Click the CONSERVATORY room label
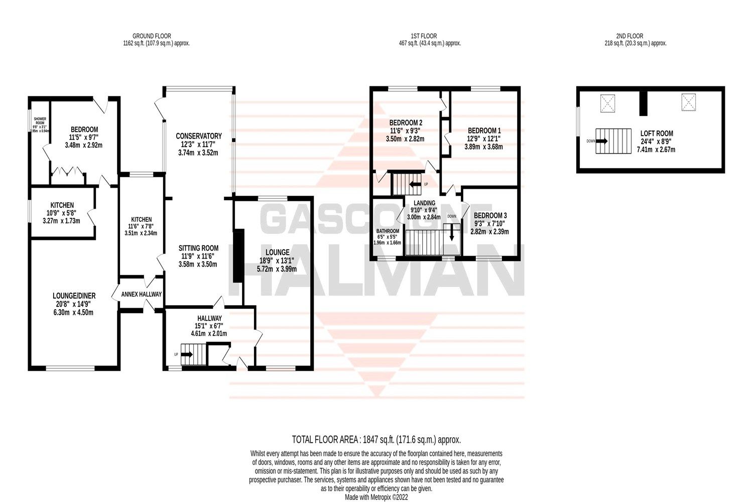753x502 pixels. tap(198, 136)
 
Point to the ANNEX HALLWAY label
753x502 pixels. tap(142, 294)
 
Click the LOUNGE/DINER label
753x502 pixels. tap(74, 296)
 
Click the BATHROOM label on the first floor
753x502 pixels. tap(388, 231)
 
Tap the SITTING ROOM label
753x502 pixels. tap(198, 248)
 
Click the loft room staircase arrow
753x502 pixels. tap(601, 141)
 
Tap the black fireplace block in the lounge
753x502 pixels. tap(239, 256)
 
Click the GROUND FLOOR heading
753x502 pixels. tap(151, 36)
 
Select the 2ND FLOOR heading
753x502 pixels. tap(629, 36)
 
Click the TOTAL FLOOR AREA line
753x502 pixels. tap(376, 440)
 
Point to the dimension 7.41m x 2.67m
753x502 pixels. tap(656, 150)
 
